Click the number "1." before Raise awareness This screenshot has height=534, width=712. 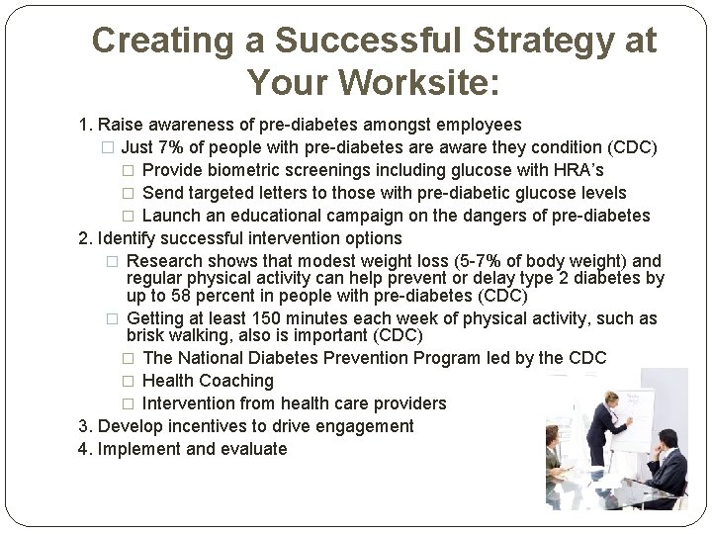86,126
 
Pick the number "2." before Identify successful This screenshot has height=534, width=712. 86,238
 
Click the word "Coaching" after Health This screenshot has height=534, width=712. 237,381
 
